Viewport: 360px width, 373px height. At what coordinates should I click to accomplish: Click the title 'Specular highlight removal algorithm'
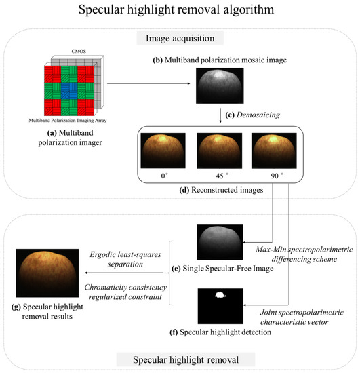point(180,12)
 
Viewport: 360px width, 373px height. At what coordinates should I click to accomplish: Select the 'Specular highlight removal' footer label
point(180,358)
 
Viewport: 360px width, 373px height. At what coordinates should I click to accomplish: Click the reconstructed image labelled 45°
point(216,154)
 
